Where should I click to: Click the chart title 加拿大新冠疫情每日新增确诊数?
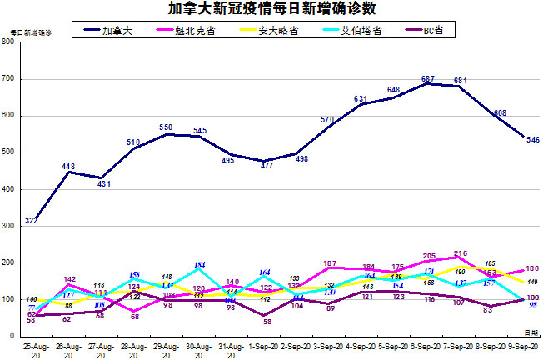click(271, 10)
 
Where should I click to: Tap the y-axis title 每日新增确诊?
click(30, 32)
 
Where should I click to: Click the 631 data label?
click(361, 99)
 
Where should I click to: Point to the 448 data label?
click(69, 166)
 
